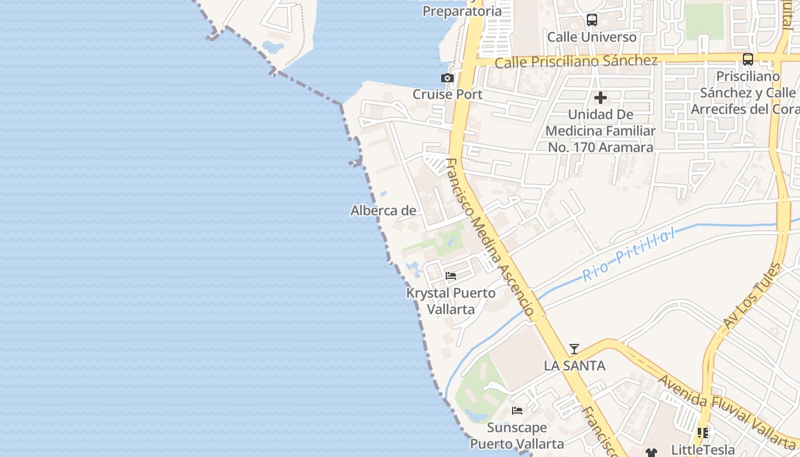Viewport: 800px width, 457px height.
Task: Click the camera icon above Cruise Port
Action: (x=447, y=78)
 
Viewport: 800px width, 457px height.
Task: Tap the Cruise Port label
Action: (x=447, y=94)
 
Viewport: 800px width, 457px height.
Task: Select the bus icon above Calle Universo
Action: (x=592, y=21)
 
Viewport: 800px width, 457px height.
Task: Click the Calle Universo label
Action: (x=592, y=37)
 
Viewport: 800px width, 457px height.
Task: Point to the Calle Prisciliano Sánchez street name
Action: (x=576, y=61)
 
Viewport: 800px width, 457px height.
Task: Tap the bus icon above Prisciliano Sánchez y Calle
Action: (x=747, y=59)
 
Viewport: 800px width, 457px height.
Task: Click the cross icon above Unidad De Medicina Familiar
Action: (x=601, y=98)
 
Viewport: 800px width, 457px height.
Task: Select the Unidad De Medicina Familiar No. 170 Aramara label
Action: (x=601, y=131)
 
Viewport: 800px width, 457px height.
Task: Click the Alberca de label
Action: (x=383, y=211)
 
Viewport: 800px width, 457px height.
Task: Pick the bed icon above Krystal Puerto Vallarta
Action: (x=451, y=276)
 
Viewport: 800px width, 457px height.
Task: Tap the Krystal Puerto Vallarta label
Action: (x=451, y=301)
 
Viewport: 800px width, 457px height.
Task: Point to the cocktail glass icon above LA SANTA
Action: (x=574, y=349)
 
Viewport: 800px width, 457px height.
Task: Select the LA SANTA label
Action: (x=574, y=366)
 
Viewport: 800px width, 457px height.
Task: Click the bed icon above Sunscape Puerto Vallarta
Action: (x=517, y=411)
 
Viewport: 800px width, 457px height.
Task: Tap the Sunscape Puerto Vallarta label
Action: (x=517, y=435)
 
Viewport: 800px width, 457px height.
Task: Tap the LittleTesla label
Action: (x=703, y=449)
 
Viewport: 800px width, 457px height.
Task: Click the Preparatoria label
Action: (x=462, y=11)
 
